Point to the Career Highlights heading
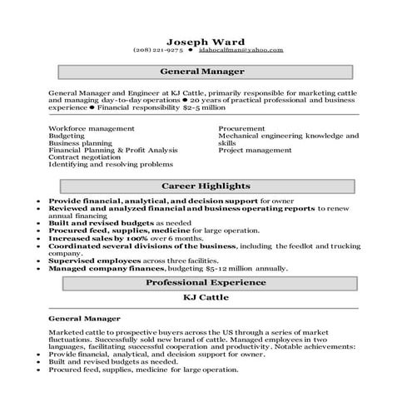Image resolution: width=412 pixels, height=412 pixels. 205,186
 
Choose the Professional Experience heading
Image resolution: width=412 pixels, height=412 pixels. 205,283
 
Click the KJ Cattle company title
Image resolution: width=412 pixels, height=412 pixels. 205,297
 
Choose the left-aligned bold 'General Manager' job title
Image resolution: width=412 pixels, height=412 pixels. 84,318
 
